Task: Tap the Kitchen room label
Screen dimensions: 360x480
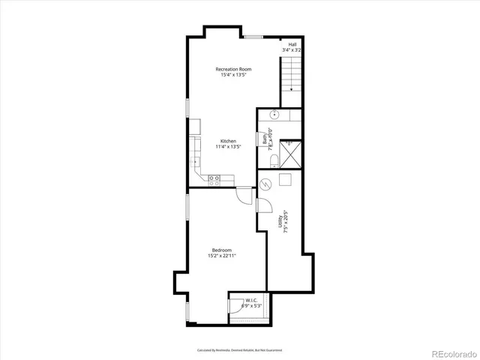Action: pyautogui.click(x=228, y=141)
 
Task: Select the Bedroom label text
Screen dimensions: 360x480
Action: pyautogui.click(x=221, y=250)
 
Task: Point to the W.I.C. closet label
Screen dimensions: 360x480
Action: pyautogui.click(x=250, y=301)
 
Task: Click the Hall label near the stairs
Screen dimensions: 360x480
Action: pyautogui.click(x=291, y=44)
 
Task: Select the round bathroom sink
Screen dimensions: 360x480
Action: pyautogui.click(x=274, y=115)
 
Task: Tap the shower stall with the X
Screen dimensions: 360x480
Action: pyautogui.click(x=291, y=153)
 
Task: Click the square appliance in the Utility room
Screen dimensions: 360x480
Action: pyautogui.click(x=285, y=178)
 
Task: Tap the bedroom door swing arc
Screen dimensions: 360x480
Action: pyautogui.click(x=243, y=195)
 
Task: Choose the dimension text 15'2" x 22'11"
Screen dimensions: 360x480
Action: pyautogui.click(x=221, y=256)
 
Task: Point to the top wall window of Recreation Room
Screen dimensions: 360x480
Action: pyautogui.click(x=253, y=36)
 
